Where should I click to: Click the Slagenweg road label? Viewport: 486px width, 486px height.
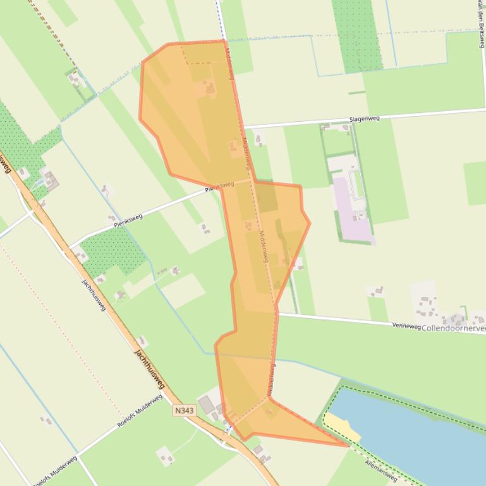pos(364,119)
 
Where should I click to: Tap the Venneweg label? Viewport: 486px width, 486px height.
pos(406,326)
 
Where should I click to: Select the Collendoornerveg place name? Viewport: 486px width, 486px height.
pos(453,328)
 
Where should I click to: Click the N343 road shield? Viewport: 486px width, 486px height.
pos(185,410)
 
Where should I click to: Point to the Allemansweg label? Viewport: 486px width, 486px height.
pos(381,470)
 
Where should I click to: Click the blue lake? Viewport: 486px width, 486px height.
pos(417,436)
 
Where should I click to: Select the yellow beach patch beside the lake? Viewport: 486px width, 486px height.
pos(342,426)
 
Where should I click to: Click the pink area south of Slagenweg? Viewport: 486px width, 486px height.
pos(351,211)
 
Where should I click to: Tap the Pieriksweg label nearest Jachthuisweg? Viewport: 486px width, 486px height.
pos(128,220)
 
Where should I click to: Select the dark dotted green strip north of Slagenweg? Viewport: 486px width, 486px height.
pos(357,35)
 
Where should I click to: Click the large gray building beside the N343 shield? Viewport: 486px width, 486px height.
pos(207,404)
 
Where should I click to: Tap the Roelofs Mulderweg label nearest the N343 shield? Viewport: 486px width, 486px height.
pos(140,411)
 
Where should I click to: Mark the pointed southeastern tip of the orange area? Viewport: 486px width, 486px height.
pos(348,446)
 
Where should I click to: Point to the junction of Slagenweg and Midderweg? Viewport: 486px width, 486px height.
pos(243,128)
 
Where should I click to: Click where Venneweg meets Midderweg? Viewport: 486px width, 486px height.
pos(276,313)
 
